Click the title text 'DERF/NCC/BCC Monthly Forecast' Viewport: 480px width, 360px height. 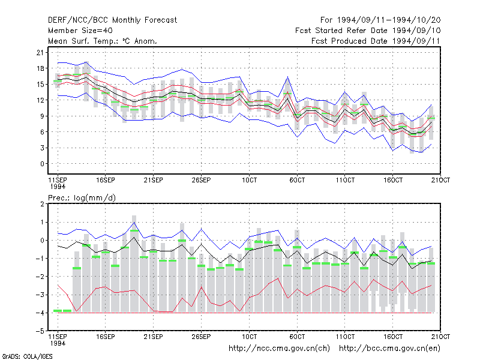(112, 20)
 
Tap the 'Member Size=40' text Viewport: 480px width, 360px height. (80, 31)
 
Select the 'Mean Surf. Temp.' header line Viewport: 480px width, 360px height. (102, 41)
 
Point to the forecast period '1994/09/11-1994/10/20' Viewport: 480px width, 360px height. (389, 20)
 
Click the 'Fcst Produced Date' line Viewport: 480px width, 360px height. (376, 41)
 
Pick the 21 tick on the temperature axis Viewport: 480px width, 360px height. (40, 52)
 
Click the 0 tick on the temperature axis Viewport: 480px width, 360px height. (42, 164)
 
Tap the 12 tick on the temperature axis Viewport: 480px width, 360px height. (40, 100)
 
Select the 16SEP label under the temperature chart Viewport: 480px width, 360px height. (106, 180)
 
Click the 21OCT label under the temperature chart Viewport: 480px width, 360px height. (440, 180)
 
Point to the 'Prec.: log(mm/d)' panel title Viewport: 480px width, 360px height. (82, 198)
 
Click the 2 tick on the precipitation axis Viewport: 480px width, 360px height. (42, 204)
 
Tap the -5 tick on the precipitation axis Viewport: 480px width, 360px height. (40, 331)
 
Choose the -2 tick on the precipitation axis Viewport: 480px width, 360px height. (40, 277)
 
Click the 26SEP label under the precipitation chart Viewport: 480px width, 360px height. (201, 337)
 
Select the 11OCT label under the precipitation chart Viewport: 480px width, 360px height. (345, 337)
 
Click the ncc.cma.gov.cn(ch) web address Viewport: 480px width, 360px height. (279, 349)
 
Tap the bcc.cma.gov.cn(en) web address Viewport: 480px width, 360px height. (389, 349)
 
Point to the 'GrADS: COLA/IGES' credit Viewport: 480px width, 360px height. (27, 356)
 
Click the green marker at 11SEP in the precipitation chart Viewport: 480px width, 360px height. (58, 311)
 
